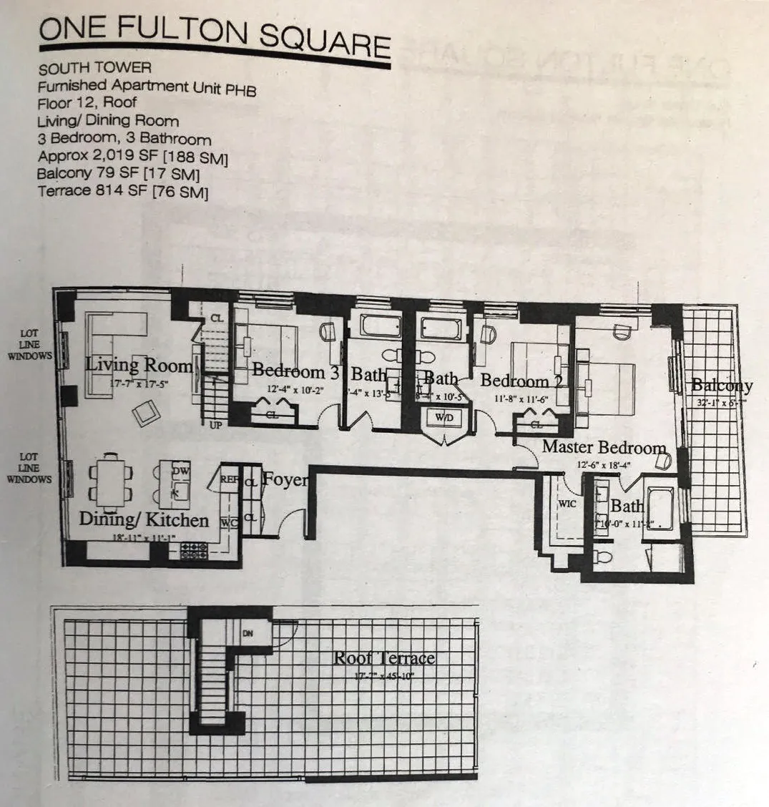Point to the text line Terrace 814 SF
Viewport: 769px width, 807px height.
pos(122,192)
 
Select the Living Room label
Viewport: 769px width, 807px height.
pos(139,366)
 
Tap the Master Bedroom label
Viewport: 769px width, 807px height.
pos(604,448)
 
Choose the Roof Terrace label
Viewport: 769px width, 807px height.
pos(384,658)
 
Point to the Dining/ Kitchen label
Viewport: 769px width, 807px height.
pos(144,520)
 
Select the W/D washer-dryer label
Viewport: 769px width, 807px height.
pos(444,416)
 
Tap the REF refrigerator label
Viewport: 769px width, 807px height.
pos(228,480)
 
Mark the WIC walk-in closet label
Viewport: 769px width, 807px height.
pos(567,504)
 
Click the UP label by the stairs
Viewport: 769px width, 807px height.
pos(215,425)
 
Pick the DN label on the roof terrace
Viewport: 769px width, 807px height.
pos(248,632)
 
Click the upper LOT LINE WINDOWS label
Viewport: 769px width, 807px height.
pos(30,345)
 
